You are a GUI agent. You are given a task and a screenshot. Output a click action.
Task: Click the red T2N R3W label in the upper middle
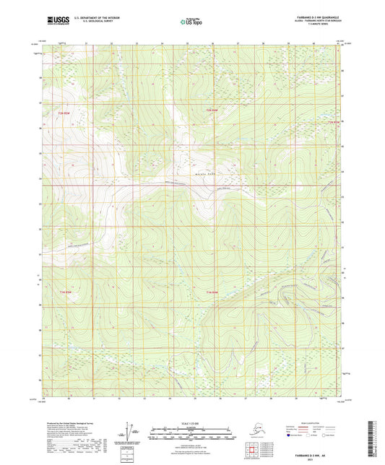pos(210,110)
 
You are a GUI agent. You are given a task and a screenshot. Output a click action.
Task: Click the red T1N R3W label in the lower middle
pos(208,292)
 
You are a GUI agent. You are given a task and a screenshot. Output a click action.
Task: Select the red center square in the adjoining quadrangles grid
pos(252,452)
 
